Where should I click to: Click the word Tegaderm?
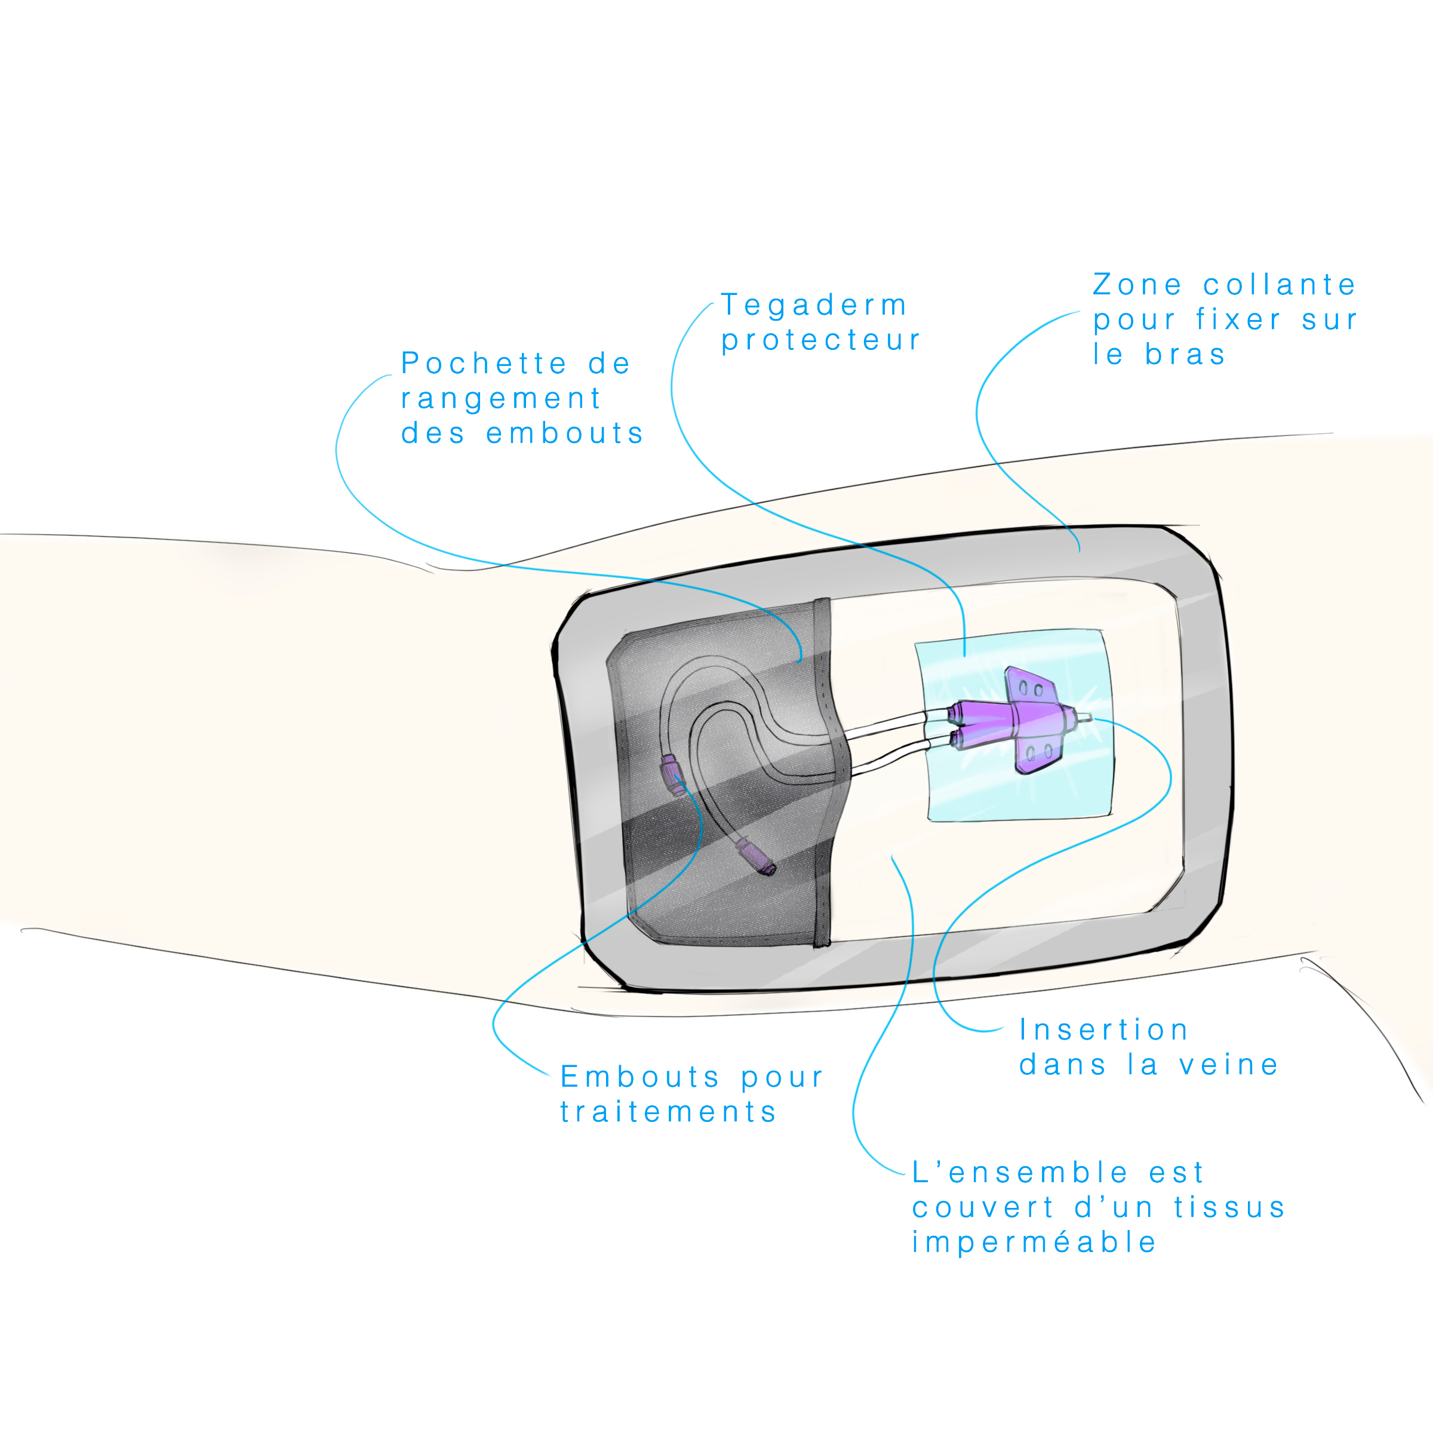(814, 306)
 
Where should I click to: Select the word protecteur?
(820, 340)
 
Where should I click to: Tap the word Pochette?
(484, 364)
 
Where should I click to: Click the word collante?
(1279, 285)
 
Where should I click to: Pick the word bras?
(1185, 355)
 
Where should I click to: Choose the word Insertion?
(1103, 1029)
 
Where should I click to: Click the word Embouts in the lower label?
(639, 1077)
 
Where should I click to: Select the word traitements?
(668, 1112)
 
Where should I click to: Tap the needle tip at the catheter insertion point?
(1088, 717)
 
